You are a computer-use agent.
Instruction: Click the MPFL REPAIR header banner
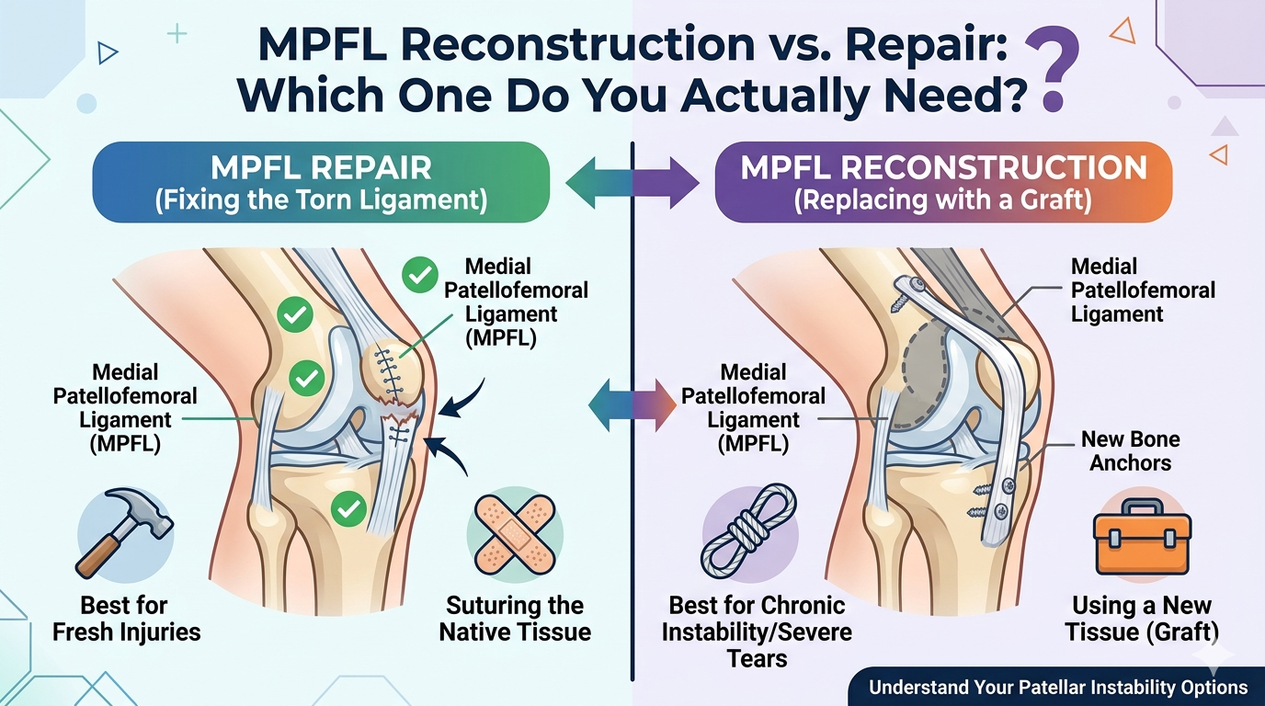(320, 182)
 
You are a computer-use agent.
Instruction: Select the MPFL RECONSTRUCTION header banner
(943, 182)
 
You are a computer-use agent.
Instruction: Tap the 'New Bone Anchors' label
(1130, 450)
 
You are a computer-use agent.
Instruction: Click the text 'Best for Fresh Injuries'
(127, 619)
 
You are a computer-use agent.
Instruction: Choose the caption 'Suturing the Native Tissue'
(515, 619)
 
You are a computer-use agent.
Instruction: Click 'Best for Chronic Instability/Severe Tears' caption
(758, 632)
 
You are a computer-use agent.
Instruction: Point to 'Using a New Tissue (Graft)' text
(1142, 619)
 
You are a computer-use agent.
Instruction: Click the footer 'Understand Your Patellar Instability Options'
(1057, 687)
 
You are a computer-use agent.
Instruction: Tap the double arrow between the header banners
(632, 182)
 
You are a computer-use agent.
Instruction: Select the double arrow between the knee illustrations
(632, 404)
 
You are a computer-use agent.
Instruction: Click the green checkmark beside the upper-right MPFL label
(420, 275)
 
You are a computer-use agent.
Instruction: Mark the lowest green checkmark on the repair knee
(348, 507)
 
